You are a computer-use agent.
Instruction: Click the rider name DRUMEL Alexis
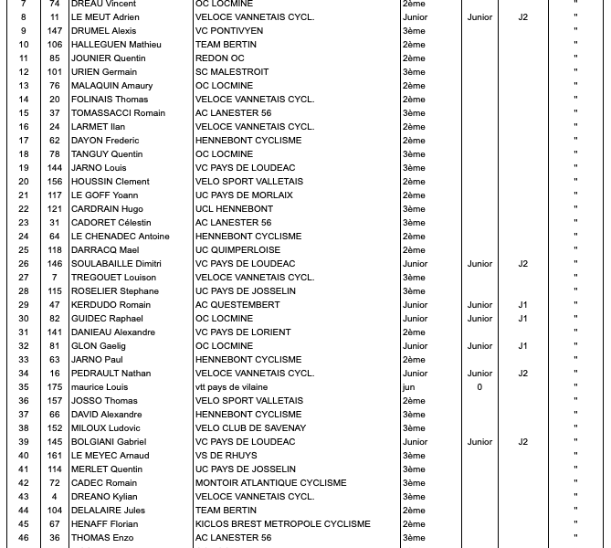tap(103, 31)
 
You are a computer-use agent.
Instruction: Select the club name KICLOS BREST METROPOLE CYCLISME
tap(282, 524)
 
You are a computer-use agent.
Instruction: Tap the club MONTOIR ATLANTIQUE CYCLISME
tap(270, 483)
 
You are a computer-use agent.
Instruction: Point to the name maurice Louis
tap(100, 387)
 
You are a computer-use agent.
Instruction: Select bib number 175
tap(55, 387)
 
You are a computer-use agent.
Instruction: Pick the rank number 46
tap(24, 538)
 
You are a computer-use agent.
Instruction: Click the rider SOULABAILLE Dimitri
tap(117, 264)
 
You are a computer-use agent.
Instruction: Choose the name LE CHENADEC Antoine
tap(121, 237)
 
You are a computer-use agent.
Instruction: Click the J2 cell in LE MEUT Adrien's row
tap(523, 17)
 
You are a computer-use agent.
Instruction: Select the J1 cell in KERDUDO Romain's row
tap(523, 305)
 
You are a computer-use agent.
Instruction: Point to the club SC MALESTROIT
tap(232, 72)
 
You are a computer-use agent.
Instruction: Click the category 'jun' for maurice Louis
tap(408, 387)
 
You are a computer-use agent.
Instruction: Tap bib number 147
tap(55, 31)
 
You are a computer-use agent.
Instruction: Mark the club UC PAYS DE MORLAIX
tap(244, 195)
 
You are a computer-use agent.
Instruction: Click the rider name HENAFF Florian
tap(104, 524)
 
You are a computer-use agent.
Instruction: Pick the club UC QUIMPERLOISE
tap(237, 250)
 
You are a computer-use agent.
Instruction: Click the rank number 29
tap(24, 305)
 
